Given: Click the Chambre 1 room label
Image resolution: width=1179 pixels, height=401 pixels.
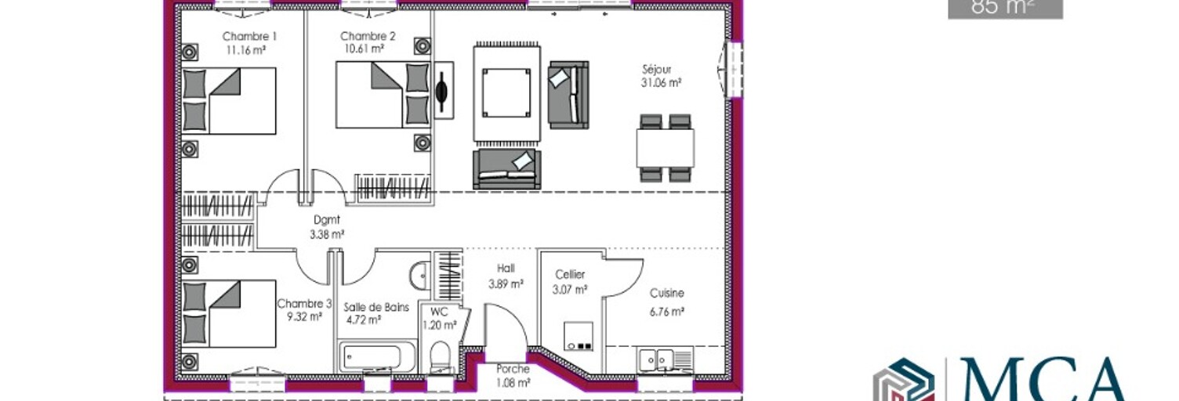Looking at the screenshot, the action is pos(249,36).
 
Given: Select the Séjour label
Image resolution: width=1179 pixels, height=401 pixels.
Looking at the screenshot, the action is pos(657,69).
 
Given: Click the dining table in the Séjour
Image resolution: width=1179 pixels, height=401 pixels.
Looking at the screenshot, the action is pos(666,148).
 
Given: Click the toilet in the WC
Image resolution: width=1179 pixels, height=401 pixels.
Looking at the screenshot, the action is pos(440,356).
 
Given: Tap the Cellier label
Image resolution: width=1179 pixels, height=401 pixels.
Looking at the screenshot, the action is pos(570,274).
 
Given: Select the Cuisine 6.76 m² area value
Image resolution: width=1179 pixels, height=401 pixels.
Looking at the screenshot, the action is pos(667,312).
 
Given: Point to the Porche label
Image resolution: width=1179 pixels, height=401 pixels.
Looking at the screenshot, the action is pos(513,369).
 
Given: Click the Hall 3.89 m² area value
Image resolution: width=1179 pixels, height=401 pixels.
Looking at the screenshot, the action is pos(506,284).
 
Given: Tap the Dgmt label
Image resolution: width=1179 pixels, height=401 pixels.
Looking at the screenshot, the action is pos(327,220).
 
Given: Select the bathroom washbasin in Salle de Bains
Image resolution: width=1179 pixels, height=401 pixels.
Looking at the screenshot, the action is pos(419,275).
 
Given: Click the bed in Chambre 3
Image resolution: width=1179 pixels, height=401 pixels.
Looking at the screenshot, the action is pos(230,314).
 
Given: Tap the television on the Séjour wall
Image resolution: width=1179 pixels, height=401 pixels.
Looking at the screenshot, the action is pos(442,90).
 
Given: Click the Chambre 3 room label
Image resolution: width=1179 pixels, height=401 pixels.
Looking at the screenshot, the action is pos(304,304).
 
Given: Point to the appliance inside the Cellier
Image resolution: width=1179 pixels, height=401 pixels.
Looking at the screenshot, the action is pos(579,336).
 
